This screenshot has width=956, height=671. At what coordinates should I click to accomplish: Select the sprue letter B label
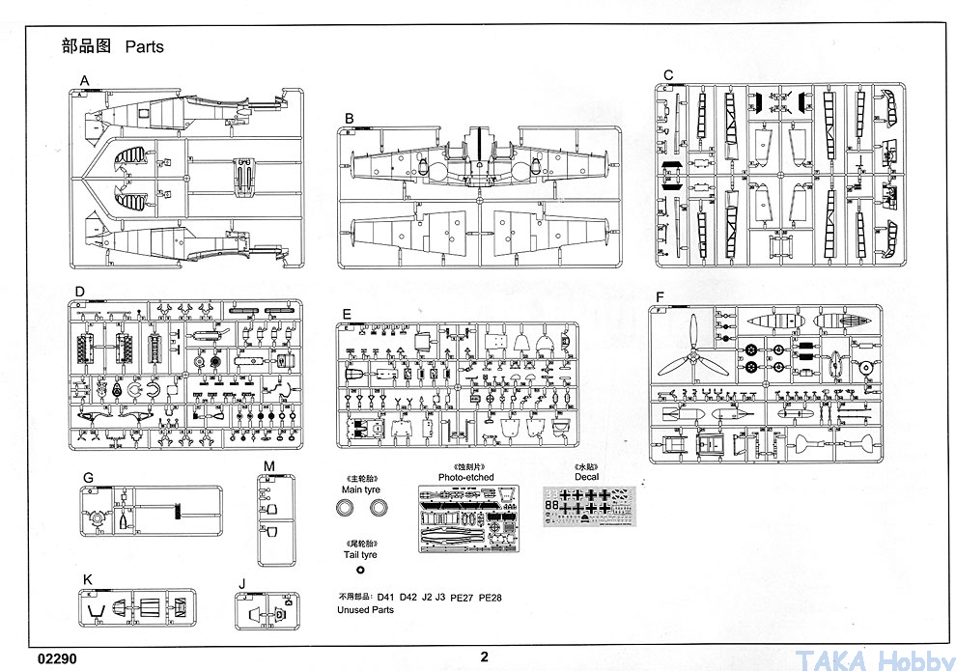(x=350, y=119)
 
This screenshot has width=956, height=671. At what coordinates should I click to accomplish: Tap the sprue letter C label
(x=667, y=75)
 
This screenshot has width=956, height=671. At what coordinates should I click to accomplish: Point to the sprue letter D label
(x=80, y=291)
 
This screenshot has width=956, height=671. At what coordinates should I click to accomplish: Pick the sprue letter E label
(x=346, y=314)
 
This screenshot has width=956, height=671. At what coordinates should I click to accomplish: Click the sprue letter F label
(x=659, y=296)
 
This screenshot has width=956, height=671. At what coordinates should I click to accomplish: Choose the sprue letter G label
(x=88, y=477)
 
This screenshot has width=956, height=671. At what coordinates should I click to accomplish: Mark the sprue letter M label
(x=269, y=467)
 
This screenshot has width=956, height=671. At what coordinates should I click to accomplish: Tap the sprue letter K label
(x=88, y=579)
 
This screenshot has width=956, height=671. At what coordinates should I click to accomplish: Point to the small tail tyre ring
(x=360, y=571)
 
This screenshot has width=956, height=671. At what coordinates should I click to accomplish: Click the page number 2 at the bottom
(x=485, y=657)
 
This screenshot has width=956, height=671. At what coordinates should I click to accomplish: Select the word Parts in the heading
(x=144, y=46)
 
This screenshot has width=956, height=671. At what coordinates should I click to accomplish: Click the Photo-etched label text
(x=465, y=477)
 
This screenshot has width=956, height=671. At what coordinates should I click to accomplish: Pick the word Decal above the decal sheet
(x=586, y=476)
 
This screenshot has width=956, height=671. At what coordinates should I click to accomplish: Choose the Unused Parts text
(x=365, y=610)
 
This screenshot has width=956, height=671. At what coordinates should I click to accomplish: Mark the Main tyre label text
(x=359, y=489)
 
